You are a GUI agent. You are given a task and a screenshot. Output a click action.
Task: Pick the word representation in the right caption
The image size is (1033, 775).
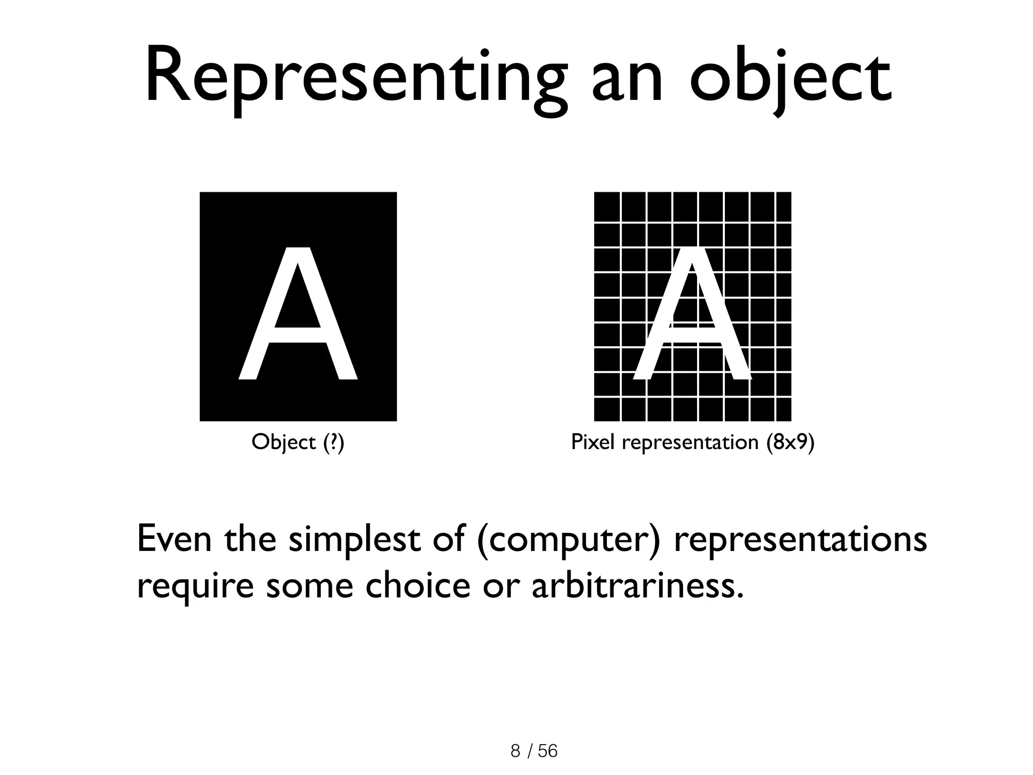click(690, 442)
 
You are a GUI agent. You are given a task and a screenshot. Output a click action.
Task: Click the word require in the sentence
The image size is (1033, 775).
click(195, 588)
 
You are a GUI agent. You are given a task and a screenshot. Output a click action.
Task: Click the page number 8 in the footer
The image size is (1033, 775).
click(515, 751)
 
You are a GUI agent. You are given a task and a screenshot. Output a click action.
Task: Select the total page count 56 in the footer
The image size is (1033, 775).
click(548, 751)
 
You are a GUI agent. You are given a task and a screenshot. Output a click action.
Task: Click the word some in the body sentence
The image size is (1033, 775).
click(309, 587)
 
